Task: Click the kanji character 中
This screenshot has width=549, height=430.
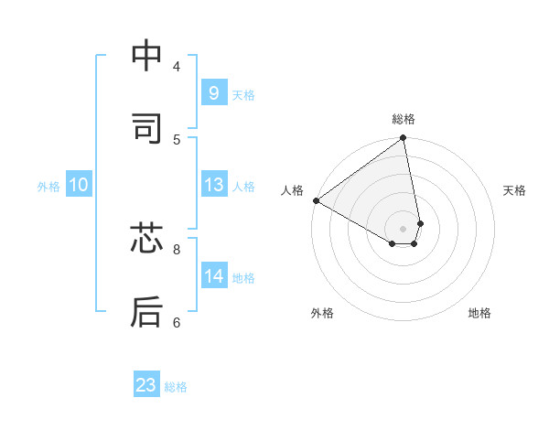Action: (146, 57)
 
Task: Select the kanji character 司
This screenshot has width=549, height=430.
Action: (146, 128)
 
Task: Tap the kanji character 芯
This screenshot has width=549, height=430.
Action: (146, 240)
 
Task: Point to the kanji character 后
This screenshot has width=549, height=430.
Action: (146, 311)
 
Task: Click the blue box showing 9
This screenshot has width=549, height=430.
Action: (213, 93)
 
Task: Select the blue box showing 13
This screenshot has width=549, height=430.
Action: (213, 185)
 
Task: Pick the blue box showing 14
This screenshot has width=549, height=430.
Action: (213, 276)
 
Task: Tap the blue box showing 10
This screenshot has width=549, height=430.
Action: (78, 185)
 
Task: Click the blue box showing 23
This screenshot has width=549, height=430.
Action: (146, 385)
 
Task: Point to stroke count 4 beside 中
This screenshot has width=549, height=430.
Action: (177, 66)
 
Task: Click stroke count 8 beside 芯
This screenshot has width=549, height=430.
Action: (177, 248)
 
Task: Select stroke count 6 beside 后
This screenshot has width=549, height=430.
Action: (177, 321)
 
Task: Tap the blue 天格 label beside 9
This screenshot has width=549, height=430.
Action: (243, 94)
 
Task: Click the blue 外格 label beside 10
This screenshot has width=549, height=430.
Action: (48, 186)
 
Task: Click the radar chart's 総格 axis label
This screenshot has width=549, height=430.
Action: (404, 119)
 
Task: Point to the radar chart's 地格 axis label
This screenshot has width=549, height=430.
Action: (479, 313)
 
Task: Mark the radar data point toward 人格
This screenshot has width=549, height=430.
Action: (316, 200)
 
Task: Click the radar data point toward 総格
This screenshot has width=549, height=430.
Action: (404, 139)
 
